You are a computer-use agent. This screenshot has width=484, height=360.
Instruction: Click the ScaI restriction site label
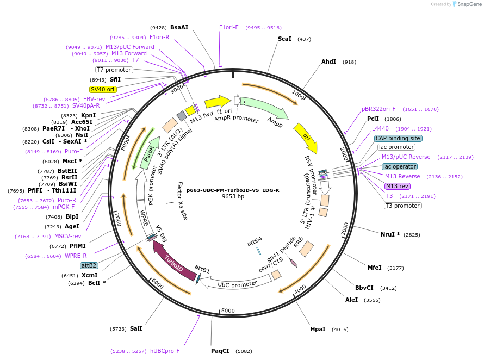[284, 39]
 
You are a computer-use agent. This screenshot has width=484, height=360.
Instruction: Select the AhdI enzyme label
[328, 62]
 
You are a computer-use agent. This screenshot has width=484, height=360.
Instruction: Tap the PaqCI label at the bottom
[220, 351]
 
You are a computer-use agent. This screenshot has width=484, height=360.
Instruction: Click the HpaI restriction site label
[318, 329]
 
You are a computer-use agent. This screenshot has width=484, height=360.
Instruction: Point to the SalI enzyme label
[136, 328]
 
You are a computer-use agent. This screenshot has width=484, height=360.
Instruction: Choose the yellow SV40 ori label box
[103, 89]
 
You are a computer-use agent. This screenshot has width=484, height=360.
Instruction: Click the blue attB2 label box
[89, 265]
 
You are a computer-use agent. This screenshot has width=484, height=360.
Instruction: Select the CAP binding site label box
[398, 138]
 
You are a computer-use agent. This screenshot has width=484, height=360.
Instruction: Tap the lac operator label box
[400, 166]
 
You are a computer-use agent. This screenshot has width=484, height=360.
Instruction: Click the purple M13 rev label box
[397, 186]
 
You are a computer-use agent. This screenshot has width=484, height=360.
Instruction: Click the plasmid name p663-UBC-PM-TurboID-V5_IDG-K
[233, 190]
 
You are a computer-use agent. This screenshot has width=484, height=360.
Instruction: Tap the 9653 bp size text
[233, 197]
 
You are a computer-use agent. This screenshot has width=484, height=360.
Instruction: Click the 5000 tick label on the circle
[228, 311]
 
